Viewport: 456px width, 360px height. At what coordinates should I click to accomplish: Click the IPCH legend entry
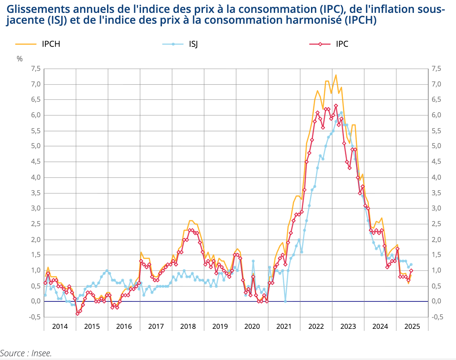[x=51, y=44]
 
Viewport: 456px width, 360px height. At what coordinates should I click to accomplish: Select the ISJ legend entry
[x=193, y=44]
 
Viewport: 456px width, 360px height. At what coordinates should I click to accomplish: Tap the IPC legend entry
[x=342, y=44]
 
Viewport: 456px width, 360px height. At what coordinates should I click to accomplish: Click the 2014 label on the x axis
[x=60, y=326]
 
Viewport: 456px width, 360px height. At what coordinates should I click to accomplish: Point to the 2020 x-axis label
[x=252, y=326]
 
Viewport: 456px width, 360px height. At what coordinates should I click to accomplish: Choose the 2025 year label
[x=412, y=326]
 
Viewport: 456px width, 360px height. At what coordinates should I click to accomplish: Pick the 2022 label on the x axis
[x=316, y=326]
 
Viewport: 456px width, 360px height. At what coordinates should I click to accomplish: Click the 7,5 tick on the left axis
[x=36, y=69]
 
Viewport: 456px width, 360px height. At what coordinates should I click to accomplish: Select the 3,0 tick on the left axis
[x=36, y=208]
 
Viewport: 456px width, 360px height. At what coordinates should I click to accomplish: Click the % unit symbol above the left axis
[x=20, y=59]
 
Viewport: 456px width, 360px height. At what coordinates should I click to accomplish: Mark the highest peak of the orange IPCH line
[x=336, y=75]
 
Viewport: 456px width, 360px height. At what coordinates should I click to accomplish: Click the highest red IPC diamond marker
[x=336, y=106]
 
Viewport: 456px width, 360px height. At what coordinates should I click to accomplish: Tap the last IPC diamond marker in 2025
[x=411, y=271]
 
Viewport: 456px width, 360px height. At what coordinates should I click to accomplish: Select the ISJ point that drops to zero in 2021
[x=285, y=301]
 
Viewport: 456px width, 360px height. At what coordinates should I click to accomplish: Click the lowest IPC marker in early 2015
[x=78, y=314]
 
